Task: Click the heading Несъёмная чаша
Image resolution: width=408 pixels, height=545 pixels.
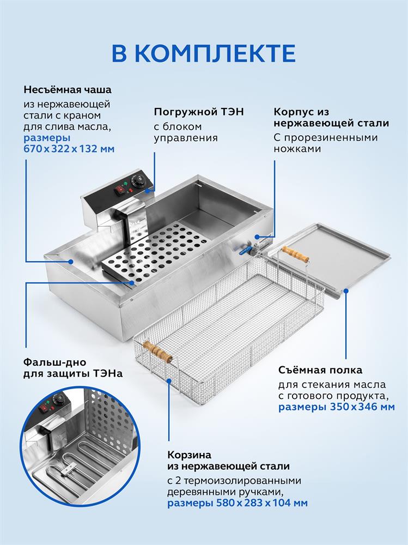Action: tap(67, 89)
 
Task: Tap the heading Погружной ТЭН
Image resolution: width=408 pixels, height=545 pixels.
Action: tap(198, 112)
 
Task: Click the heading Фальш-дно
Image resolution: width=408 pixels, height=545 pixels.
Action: tap(53, 362)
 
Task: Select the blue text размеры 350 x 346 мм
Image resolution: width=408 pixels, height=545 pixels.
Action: tap(337, 407)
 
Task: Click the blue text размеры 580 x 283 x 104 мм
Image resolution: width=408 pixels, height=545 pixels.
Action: tap(237, 503)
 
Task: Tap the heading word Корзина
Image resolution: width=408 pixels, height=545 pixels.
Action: tap(189, 455)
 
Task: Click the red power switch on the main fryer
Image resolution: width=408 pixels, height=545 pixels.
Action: tap(119, 190)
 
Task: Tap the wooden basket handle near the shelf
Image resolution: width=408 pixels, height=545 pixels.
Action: tap(295, 253)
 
